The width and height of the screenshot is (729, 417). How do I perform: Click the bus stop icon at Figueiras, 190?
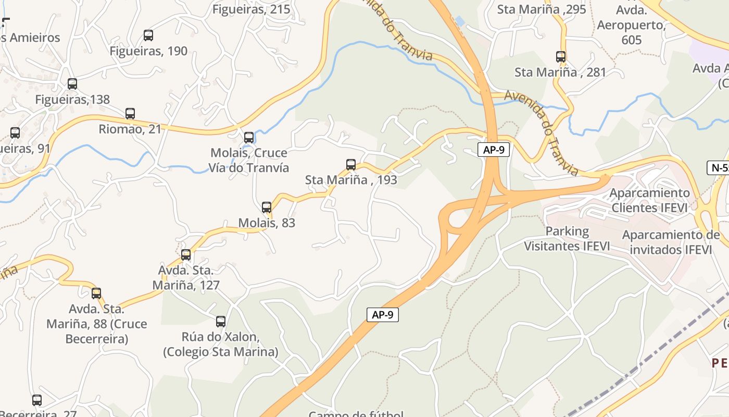pyautogui.click(x=148, y=35)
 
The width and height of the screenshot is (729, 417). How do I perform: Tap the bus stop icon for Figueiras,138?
pyautogui.click(x=72, y=83)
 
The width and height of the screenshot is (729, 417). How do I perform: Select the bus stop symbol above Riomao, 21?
pyautogui.click(x=130, y=113)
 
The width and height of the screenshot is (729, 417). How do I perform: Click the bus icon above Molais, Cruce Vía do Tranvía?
pyautogui.click(x=249, y=138)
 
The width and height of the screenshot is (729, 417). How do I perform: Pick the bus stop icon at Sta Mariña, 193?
pyautogui.click(x=351, y=165)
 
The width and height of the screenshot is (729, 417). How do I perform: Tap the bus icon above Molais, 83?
pyautogui.click(x=267, y=207)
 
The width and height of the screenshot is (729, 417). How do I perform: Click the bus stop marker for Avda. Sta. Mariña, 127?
pyautogui.click(x=186, y=255)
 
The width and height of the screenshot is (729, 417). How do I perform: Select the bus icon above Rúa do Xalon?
pyautogui.click(x=221, y=321)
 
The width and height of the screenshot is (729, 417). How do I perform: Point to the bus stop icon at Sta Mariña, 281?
pyautogui.click(x=561, y=57)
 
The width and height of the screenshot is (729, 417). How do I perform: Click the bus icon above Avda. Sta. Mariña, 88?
pyautogui.click(x=96, y=293)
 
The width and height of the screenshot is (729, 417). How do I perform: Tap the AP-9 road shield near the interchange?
pyautogui.click(x=493, y=150)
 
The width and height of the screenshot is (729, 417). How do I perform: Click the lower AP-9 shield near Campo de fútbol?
pyautogui.click(x=383, y=315)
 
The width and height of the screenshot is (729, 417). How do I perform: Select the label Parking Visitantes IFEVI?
pyautogui.click(x=567, y=239)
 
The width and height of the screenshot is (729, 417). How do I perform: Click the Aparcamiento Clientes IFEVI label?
pyautogui.click(x=649, y=200)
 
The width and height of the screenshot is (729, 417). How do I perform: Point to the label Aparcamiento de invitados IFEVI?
pyautogui.click(x=671, y=242)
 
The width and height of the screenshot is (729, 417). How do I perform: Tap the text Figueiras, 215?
pyautogui.click(x=252, y=9)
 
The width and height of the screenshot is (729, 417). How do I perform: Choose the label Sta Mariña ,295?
pyautogui.click(x=542, y=9)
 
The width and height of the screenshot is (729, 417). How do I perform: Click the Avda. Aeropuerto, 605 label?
pyautogui.click(x=631, y=25)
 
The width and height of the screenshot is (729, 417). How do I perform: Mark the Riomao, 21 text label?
pyautogui.click(x=130, y=129)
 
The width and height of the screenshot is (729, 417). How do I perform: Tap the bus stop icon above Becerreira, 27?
pyautogui.click(x=37, y=400)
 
